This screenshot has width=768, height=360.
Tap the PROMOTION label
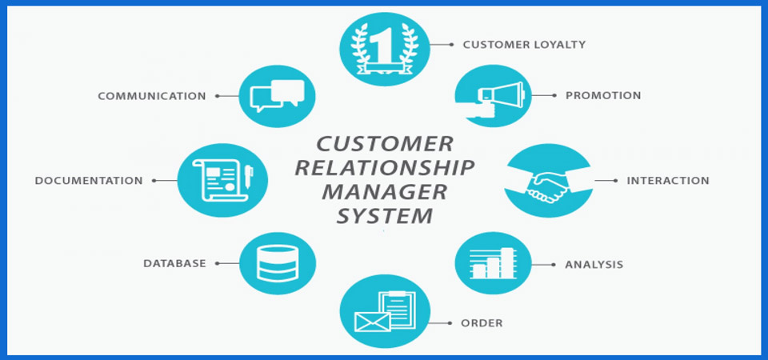pyautogui.click(x=603, y=95)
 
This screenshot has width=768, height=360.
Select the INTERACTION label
pyautogui.click(x=667, y=180)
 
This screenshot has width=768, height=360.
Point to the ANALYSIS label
pyautogui.click(x=594, y=264)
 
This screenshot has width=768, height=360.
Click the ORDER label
pyautogui.click(x=482, y=323)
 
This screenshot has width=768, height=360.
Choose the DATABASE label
pyautogui.click(x=174, y=262)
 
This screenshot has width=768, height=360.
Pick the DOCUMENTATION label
pyautogui.click(x=89, y=181)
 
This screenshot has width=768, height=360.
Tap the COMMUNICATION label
pyautogui.click(x=152, y=96)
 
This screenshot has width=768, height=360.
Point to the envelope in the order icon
pyautogui.click(x=371, y=321)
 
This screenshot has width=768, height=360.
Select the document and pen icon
pyautogui.click(x=220, y=180)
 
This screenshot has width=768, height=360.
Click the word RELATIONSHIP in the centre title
pyautogui.click(x=385, y=168)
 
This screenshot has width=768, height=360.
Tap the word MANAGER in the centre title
pyautogui.click(x=384, y=192)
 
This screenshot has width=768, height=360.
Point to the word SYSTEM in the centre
pyautogui.click(x=385, y=216)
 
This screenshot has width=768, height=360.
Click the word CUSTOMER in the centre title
pyautogui.click(x=385, y=144)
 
